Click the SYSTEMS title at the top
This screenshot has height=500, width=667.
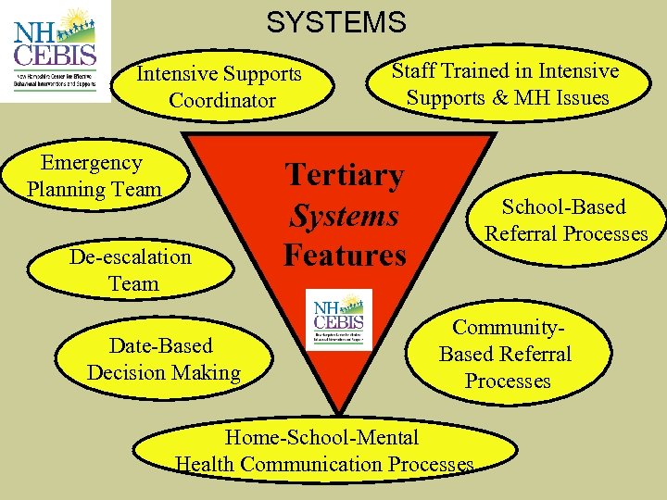336,21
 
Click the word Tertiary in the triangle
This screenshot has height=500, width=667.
344,175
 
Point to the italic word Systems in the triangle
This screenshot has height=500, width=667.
344,216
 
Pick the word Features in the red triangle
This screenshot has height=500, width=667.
345,255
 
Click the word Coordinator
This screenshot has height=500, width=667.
222,100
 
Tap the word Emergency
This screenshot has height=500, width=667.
92,163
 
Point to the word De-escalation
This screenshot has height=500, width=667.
130,256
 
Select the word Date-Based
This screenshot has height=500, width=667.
161,346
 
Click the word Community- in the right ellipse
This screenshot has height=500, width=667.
508,327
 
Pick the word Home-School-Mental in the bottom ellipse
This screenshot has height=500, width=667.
322,437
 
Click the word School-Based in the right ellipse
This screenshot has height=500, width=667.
563,206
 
